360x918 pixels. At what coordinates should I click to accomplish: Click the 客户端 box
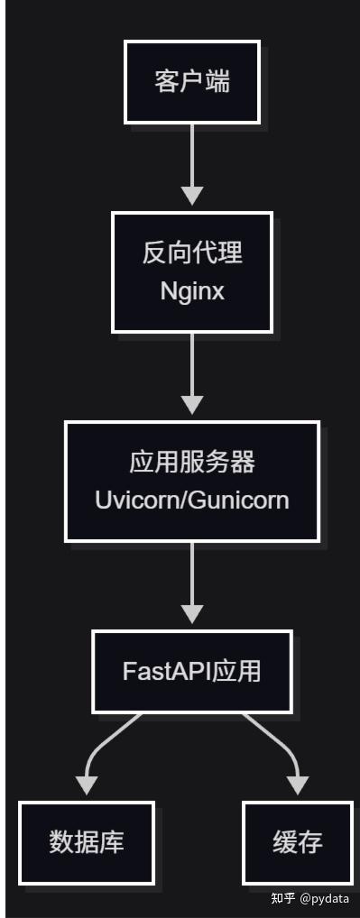pos(192,82)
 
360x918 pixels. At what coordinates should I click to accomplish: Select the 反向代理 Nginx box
pos(192,272)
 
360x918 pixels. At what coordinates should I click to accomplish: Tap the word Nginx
pos(192,291)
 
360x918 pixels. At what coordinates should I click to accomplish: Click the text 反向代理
pos(192,252)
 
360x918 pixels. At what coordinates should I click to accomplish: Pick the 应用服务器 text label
pos(192,463)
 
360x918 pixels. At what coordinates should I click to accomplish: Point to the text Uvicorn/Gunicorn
pos(192,500)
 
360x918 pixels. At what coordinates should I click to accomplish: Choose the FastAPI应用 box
pos(192,671)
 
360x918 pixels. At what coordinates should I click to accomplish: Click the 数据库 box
pos(87,843)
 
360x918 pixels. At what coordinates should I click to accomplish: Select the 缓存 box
pos(298,843)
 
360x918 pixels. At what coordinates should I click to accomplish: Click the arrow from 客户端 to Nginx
pos(192,164)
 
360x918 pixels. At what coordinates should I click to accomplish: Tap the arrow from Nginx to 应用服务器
pos(192,373)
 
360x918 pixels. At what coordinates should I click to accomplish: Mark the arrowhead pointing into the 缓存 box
pos(298,785)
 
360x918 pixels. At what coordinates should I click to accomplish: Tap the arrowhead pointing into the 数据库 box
pos(87,785)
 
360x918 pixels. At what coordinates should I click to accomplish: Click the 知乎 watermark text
pos(283,898)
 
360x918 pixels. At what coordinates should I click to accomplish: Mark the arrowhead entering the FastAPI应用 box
pos(192,613)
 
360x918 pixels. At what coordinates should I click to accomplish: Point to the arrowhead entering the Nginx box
pos(192,196)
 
